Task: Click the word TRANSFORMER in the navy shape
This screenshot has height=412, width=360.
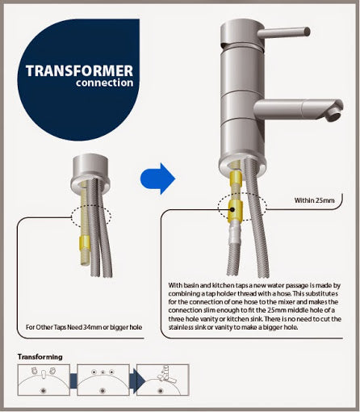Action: [x=79, y=71]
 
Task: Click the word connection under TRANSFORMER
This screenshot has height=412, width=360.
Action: [x=104, y=83]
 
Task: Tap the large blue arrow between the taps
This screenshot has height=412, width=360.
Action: [x=158, y=179]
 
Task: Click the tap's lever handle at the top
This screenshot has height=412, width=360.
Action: [x=283, y=33]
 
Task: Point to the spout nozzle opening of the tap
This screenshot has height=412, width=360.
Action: [x=335, y=116]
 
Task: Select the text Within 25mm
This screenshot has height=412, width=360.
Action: [x=314, y=200]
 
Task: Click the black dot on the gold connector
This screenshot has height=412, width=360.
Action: [x=232, y=209]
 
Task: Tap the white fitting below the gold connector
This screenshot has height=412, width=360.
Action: [x=236, y=232]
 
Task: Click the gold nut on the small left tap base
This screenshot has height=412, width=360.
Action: [x=85, y=242]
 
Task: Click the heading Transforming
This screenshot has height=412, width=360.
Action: [x=40, y=357]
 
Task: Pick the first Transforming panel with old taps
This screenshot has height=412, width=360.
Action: [x=44, y=380]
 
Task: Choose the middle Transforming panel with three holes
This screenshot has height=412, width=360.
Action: [x=103, y=380]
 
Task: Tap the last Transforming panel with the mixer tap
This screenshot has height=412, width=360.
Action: [x=163, y=380]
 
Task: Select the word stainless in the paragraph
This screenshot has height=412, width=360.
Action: [x=180, y=327]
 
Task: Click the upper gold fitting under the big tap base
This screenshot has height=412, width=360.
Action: [x=236, y=178]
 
